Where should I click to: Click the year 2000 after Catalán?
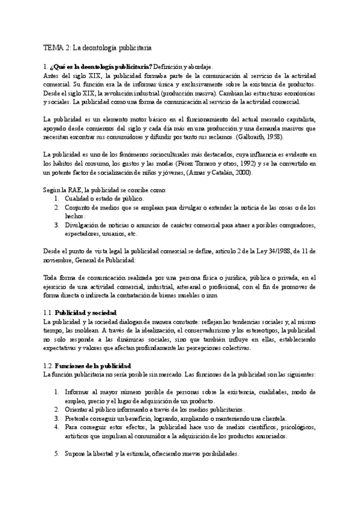point(242,172)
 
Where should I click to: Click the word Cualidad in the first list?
point(77,198)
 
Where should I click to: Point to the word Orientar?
point(77,410)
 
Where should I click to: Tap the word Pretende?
point(78,418)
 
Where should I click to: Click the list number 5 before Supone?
point(56,454)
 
